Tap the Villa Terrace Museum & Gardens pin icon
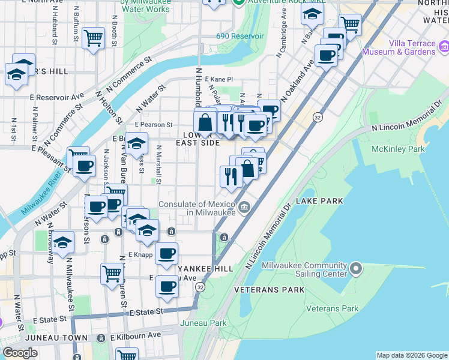click(x=444, y=47)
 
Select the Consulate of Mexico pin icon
click(x=244, y=208)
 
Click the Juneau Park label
click(x=204, y=323)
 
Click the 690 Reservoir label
click(x=240, y=36)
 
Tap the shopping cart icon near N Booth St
click(x=93, y=38)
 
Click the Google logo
click(x=20, y=353)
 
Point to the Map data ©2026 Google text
click(x=411, y=355)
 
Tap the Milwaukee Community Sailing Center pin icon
click(x=356, y=266)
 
